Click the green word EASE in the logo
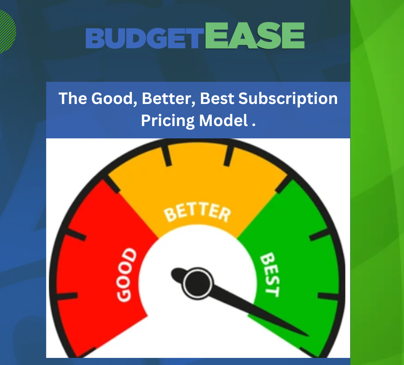(255, 36)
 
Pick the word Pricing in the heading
(168, 121)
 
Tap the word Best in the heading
(217, 99)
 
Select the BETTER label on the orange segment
(197, 213)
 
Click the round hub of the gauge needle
(196, 283)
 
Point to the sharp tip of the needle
(307, 335)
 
